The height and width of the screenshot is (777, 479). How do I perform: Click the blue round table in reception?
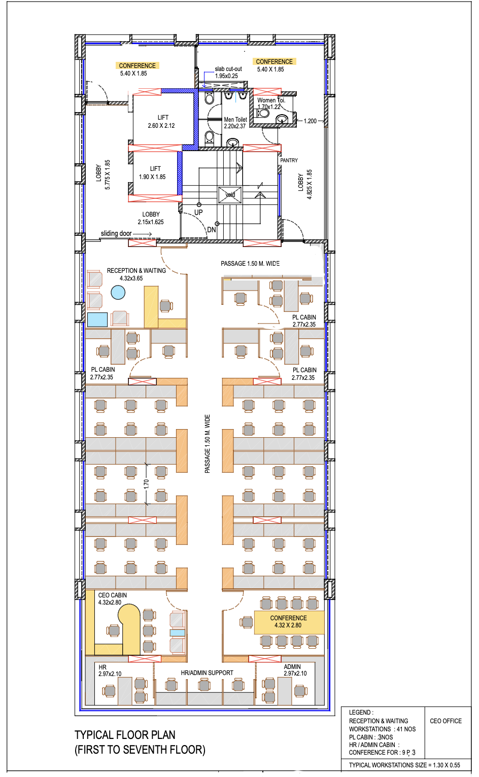(118, 292)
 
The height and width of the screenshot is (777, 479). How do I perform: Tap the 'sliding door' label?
(116, 233)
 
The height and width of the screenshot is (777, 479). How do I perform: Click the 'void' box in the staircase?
(230, 195)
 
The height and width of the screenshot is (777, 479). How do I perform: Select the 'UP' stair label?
(198, 213)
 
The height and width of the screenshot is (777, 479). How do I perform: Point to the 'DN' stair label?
(211, 230)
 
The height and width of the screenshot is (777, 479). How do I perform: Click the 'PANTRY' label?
(289, 160)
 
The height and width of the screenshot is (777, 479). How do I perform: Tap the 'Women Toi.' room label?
(271, 100)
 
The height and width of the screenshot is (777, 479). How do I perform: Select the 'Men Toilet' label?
(235, 120)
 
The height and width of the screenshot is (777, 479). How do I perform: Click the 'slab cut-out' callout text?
(228, 69)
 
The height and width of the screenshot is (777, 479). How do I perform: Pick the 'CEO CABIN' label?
(113, 595)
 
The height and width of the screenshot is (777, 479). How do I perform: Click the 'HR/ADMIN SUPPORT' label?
(207, 673)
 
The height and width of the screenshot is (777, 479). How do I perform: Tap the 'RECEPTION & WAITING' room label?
(136, 271)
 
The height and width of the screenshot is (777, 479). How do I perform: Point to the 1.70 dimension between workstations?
(146, 484)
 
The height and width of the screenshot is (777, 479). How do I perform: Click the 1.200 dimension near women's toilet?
(310, 121)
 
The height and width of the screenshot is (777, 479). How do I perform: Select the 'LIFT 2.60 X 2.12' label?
(162, 121)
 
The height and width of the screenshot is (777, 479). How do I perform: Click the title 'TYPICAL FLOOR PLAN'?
(125, 735)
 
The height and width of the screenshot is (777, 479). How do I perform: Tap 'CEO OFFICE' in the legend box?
(446, 721)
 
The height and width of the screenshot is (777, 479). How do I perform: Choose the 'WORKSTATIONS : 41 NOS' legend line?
(382, 729)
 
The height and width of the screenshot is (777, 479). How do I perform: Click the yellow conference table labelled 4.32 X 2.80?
(289, 622)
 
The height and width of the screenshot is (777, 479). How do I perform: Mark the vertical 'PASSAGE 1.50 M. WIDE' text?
(207, 444)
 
